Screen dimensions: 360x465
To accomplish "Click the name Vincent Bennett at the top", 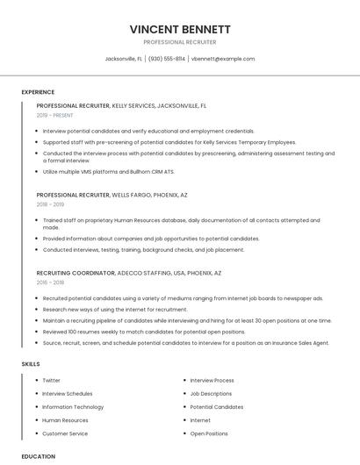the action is coord(180,29).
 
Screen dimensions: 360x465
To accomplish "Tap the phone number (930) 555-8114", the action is coord(167,59).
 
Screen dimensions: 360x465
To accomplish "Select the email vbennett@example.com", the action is coord(223,59).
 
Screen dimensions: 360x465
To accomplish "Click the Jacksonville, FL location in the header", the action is coord(124,59).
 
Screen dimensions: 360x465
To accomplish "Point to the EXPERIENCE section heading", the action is coord(38,92).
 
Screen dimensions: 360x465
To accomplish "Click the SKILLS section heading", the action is coord(31,363).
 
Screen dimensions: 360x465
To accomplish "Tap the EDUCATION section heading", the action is coord(38,456).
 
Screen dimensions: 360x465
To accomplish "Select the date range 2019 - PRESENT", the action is coord(55,115).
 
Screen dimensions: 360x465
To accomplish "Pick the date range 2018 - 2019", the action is coord(51,204).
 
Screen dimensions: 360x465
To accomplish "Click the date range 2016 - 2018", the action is coord(51,283).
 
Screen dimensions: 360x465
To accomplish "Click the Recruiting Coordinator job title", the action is coord(76,273).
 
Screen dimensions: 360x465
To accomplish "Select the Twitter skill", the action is coord(52,381).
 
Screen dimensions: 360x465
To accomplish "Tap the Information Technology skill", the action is coord(73,407).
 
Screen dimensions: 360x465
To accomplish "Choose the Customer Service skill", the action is coord(65,433).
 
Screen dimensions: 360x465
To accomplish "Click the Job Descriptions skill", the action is coord(211,394).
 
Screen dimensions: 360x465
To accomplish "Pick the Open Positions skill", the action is coord(209,433).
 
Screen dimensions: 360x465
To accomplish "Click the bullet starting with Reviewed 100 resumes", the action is coord(144,332).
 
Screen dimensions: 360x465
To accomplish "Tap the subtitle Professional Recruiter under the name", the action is coord(180,42).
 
